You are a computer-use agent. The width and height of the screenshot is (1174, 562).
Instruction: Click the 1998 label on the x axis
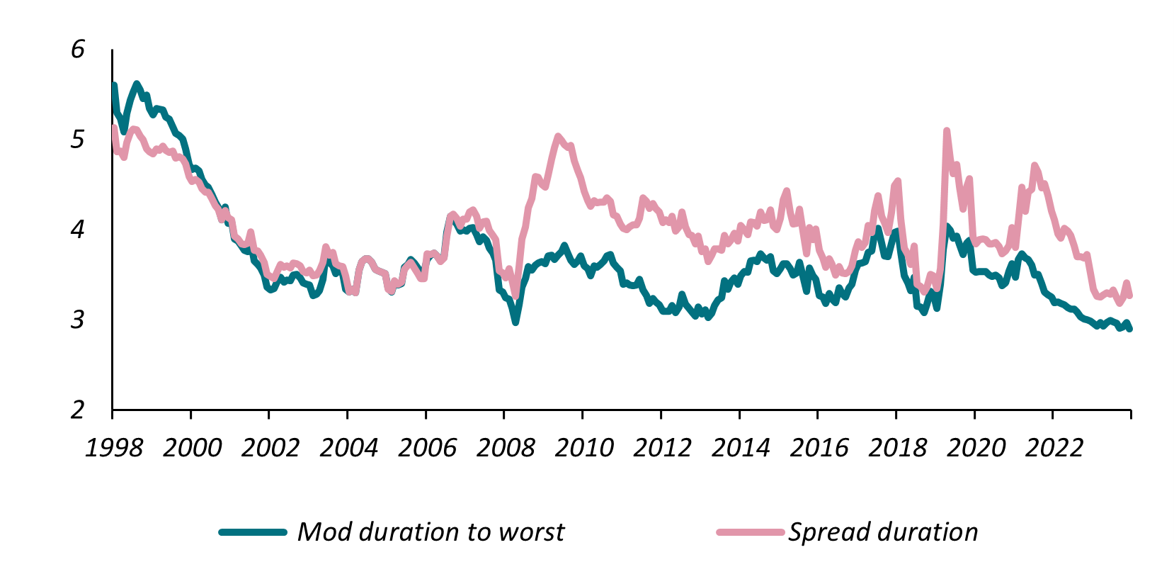click(x=113, y=448)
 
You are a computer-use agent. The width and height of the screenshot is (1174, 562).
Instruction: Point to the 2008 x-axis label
click(x=506, y=448)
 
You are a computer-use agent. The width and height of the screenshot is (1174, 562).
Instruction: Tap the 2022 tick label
click(x=1054, y=448)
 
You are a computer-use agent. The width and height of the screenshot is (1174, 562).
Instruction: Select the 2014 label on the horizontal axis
click(x=741, y=448)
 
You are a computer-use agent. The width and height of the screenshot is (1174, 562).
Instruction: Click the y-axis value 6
click(x=77, y=49)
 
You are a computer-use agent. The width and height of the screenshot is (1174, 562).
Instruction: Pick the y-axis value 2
click(x=77, y=410)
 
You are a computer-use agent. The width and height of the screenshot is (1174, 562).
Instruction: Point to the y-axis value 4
click(x=77, y=229)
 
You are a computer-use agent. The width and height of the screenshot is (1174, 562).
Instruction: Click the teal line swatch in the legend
click(x=253, y=532)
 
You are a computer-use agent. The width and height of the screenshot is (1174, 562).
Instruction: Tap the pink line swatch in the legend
click(x=750, y=532)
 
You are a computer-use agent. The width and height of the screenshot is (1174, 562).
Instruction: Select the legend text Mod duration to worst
click(x=431, y=532)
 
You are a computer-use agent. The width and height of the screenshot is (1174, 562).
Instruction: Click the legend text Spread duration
click(x=883, y=532)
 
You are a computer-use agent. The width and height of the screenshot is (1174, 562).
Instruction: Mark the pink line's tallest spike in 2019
click(x=947, y=131)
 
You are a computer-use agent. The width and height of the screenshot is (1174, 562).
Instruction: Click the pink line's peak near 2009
click(x=558, y=136)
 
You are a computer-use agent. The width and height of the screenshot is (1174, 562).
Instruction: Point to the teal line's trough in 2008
click(x=515, y=322)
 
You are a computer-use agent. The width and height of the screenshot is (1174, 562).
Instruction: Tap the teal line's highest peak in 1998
click(x=137, y=84)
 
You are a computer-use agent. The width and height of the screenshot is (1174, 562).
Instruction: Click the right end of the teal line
click(x=1129, y=329)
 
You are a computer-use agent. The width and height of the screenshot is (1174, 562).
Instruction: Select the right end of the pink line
click(x=1129, y=296)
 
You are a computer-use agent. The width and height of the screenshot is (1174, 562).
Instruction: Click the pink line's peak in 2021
click(x=1035, y=166)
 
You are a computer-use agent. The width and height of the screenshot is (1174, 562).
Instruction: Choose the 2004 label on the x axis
click(x=348, y=448)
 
